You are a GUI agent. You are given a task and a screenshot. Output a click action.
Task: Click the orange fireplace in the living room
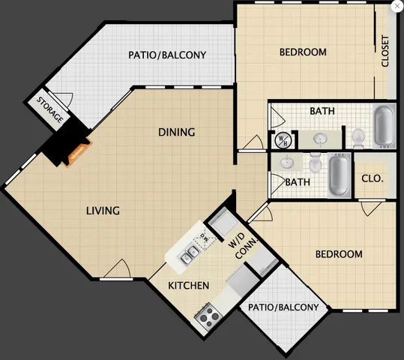click(78, 154)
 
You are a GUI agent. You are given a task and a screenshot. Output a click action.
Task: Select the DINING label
click(176, 133)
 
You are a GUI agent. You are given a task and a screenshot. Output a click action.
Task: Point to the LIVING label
click(103, 211)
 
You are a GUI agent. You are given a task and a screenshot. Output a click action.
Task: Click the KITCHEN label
click(188, 286)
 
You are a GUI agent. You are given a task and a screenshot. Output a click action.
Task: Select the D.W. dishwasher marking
click(202, 239)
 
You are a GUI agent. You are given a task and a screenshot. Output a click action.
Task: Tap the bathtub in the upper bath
click(383, 125)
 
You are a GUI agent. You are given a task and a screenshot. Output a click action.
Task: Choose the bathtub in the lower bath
click(338, 175)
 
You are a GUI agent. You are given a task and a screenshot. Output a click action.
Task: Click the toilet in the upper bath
click(359, 136)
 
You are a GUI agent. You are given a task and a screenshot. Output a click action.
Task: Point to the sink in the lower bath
click(287, 163)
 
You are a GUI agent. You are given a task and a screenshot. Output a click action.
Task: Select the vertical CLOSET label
click(385, 51)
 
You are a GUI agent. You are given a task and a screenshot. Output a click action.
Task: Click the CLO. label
click(372, 179)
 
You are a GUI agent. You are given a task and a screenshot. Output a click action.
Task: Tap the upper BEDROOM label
click(303, 52)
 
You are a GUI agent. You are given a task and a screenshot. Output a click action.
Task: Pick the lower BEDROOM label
click(338, 254)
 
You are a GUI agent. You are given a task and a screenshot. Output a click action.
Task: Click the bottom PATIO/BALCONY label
click(283, 307)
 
